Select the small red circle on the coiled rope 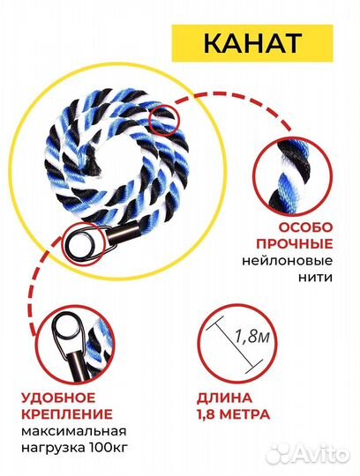coord(164,119)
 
